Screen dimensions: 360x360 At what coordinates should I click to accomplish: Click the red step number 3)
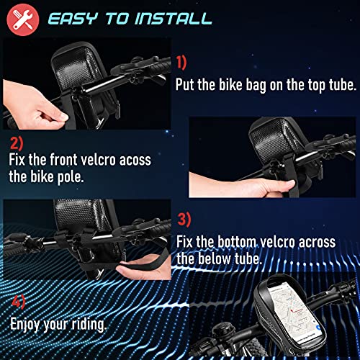point(184,218)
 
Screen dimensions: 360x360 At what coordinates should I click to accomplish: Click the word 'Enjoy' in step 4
point(30,324)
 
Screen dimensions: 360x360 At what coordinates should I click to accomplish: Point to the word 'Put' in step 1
point(188,84)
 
